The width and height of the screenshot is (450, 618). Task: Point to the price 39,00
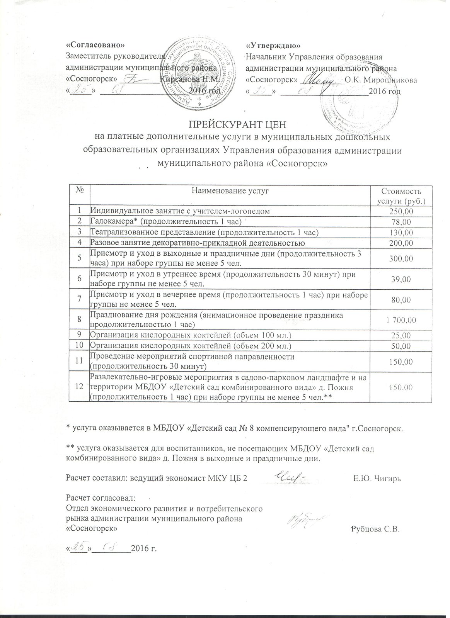(401, 279)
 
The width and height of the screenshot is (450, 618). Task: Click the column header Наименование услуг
(230, 190)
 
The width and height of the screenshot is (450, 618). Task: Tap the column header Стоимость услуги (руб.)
(401, 196)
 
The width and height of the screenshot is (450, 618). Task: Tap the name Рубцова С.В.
(375, 529)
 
